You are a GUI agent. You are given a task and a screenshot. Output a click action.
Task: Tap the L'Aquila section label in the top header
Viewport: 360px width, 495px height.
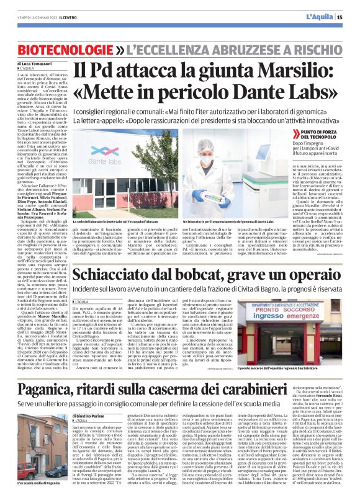[x=319, y=16]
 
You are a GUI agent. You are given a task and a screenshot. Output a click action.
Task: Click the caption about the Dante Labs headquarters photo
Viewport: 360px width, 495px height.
[x=119, y=221]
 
